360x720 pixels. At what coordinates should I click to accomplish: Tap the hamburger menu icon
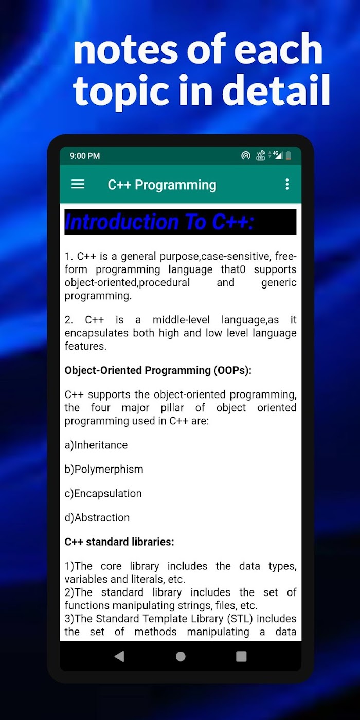(x=78, y=184)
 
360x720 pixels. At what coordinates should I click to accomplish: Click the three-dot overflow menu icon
(x=287, y=184)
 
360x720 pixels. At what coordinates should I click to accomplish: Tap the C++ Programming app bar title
(x=162, y=185)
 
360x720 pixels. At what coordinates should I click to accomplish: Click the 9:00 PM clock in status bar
(x=85, y=156)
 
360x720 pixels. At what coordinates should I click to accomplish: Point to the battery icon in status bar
(x=289, y=155)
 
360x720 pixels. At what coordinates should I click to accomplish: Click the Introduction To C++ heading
(x=159, y=222)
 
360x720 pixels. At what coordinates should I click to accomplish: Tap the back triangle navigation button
(x=119, y=656)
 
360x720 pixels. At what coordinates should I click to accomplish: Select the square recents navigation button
(x=241, y=656)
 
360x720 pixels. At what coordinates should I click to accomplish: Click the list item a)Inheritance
(x=96, y=445)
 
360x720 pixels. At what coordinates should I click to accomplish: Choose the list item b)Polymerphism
(x=104, y=469)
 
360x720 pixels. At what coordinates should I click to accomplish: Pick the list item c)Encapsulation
(x=103, y=493)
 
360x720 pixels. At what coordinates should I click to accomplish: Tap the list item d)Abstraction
(x=97, y=517)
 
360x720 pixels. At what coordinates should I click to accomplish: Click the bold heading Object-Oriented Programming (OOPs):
(x=158, y=370)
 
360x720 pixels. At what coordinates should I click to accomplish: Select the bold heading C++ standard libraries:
(x=119, y=542)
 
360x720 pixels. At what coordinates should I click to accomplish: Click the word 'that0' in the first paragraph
(x=233, y=269)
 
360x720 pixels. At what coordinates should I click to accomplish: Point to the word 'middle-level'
(x=181, y=320)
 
